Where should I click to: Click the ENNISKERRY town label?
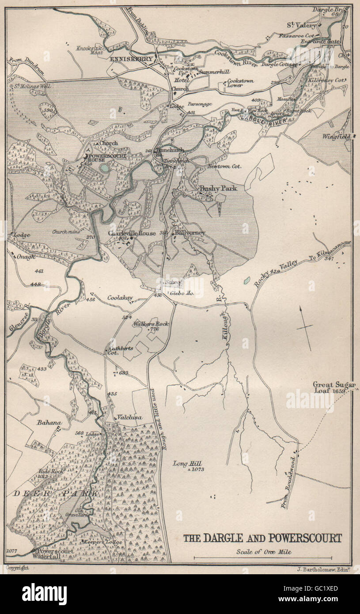point(131,59)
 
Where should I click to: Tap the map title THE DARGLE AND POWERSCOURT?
point(262,538)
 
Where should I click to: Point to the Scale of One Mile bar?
point(262,557)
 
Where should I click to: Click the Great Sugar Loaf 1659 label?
point(334,387)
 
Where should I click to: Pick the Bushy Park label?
point(218,188)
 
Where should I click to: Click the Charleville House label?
point(132,233)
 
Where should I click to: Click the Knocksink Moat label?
point(91,50)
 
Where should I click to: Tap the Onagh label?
point(27,257)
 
